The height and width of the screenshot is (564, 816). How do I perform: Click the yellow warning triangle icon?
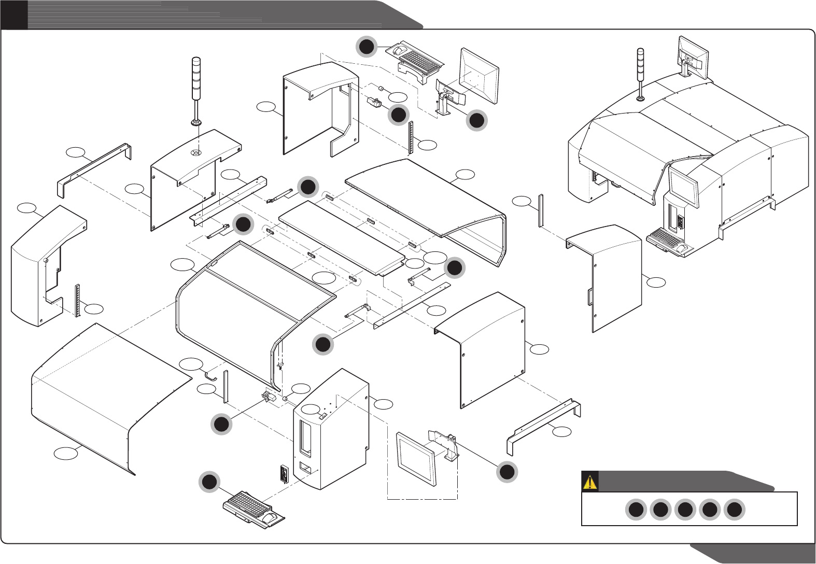[x=590, y=482]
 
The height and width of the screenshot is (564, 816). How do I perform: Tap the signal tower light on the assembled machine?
[x=641, y=73]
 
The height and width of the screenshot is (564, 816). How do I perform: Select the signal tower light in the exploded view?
[x=196, y=88]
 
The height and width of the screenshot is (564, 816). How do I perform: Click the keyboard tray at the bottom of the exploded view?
[x=254, y=509]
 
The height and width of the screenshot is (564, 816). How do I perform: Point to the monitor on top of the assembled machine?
[x=694, y=55]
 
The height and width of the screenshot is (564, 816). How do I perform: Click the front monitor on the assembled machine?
[x=683, y=185]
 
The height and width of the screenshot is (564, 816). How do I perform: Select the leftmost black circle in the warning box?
[x=636, y=510]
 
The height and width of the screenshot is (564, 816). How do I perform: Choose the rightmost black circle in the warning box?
[x=734, y=510]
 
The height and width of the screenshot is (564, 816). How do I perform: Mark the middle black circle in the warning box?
[x=685, y=510]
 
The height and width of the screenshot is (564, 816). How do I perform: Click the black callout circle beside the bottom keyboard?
[x=209, y=482]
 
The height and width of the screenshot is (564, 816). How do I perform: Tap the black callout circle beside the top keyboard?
[x=367, y=47]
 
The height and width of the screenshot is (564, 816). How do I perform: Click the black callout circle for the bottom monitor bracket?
[x=507, y=472]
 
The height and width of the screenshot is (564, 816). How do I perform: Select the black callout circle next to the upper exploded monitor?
[x=476, y=120]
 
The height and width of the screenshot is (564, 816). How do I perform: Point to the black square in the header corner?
[x=14, y=15]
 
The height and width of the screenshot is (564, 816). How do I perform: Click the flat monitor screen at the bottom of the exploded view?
[x=416, y=459]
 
